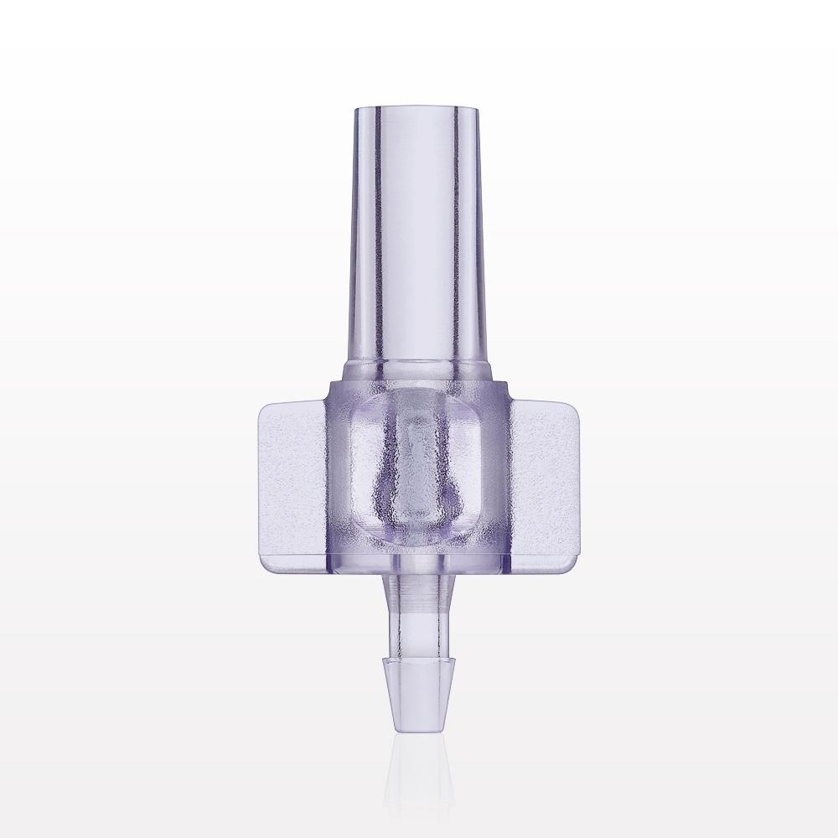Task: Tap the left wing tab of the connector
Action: point(288,483)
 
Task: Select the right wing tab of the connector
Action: point(548,483)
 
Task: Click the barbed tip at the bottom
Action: point(419,687)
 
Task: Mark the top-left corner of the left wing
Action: point(262,406)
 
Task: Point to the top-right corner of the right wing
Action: point(577,406)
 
